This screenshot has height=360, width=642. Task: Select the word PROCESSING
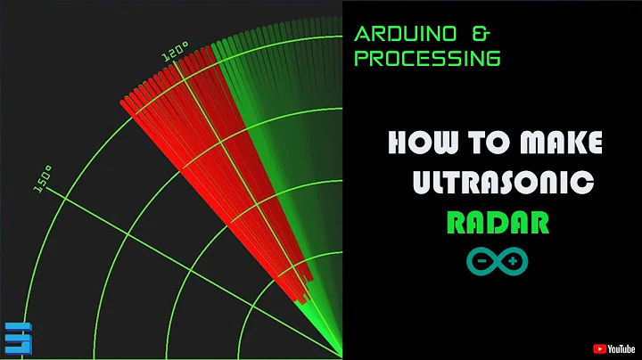[x=427, y=59]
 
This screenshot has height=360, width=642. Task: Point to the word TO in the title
[x=481, y=142]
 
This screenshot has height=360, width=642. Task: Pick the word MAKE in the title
[x=558, y=142]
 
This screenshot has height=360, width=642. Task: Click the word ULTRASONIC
[x=502, y=183]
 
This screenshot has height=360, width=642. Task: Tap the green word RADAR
[x=498, y=223]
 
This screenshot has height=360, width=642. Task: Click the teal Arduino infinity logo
[x=498, y=261]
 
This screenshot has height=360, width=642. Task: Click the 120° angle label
[x=173, y=53]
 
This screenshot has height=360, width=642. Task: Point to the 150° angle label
[x=42, y=178]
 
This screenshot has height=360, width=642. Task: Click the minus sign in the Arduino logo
[x=482, y=261]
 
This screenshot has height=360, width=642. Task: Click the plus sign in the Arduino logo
[x=514, y=261]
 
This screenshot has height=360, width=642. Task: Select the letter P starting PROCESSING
[x=361, y=59]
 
